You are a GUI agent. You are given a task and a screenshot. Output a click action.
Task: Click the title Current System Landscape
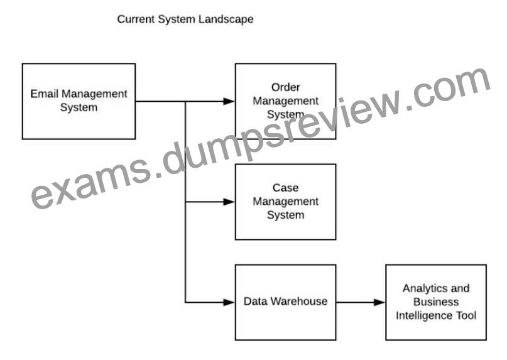click(185, 19)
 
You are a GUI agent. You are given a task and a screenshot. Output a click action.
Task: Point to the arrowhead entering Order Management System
click(229, 101)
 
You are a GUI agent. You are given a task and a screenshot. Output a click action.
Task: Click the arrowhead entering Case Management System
click(229, 202)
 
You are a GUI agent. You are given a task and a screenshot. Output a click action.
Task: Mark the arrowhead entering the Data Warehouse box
click(229, 302)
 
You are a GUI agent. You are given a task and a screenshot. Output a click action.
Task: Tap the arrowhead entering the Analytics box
click(379, 302)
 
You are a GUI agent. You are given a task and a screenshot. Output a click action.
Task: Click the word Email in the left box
click(45, 94)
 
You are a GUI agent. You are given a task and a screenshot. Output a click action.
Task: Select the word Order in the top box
click(285, 87)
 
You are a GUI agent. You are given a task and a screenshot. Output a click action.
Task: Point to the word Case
click(285, 188)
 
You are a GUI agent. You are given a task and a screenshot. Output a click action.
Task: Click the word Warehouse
click(299, 301)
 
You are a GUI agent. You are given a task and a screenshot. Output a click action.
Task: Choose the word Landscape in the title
click(226, 19)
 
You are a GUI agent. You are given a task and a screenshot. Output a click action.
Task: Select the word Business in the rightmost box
click(436, 302)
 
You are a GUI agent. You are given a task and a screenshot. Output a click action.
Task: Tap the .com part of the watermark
click(448, 90)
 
